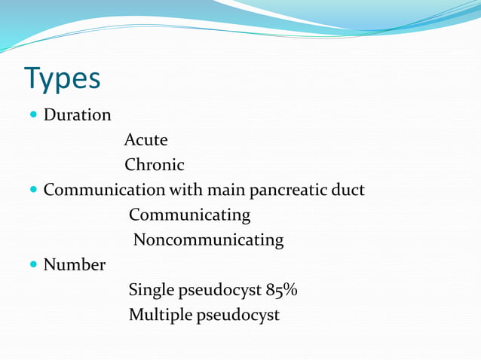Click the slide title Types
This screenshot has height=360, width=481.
(62, 78)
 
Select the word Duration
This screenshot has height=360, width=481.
(77, 115)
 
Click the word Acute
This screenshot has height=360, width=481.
(146, 140)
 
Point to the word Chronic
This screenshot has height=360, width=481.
(154, 164)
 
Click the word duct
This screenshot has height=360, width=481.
(348, 190)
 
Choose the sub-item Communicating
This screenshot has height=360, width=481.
(189, 215)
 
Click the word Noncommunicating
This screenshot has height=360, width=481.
(208, 240)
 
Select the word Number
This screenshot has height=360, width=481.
(74, 264)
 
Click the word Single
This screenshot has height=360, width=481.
(150, 290)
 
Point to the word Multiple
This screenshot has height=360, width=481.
(160, 315)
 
